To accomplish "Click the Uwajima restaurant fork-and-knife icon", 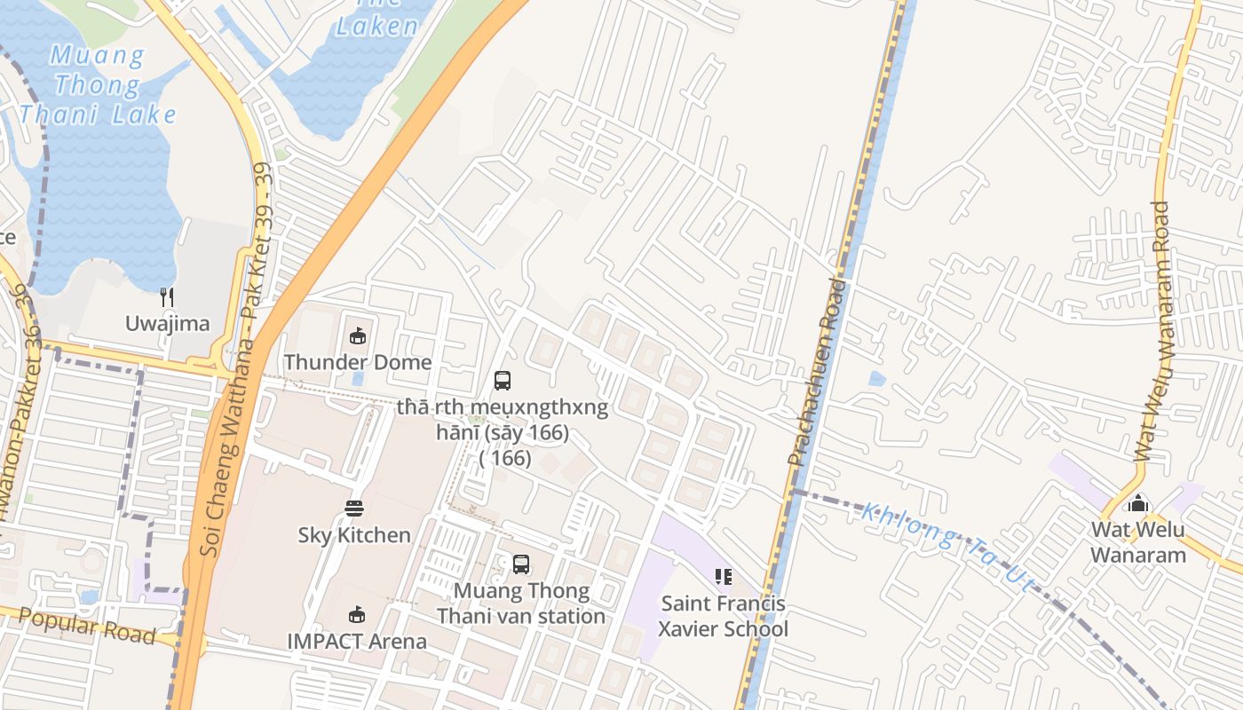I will (x=167, y=296).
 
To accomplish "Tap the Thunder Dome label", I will (x=357, y=362).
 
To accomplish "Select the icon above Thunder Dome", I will (x=357, y=335).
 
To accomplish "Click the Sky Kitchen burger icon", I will (x=354, y=509).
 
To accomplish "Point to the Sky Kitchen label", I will (x=354, y=535).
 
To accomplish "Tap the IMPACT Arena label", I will (x=357, y=641).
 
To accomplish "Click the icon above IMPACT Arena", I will (x=357, y=614).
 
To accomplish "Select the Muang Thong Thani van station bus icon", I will (x=521, y=564).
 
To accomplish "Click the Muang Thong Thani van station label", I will (x=521, y=603).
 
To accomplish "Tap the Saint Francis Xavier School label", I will (x=723, y=617).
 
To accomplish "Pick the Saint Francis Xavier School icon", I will (x=723, y=577).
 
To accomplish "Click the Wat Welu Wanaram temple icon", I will (x=1138, y=504).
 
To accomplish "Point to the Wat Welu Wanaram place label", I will (x=1138, y=542).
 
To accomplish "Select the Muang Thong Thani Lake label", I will (x=98, y=85).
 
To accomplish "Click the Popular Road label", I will (x=87, y=627).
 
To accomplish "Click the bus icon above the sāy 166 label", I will (x=503, y=381).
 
